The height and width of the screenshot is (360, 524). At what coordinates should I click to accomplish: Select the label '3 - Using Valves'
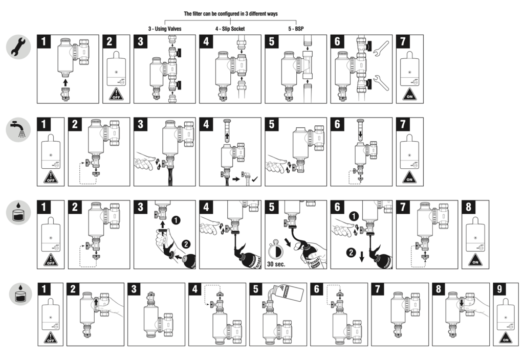point(164,29)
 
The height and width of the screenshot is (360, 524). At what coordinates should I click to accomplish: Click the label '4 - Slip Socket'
point(230,29)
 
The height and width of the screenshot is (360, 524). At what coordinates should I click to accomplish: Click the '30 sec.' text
point(276,264)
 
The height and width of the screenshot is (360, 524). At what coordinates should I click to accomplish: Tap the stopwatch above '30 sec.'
point(276,250)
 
